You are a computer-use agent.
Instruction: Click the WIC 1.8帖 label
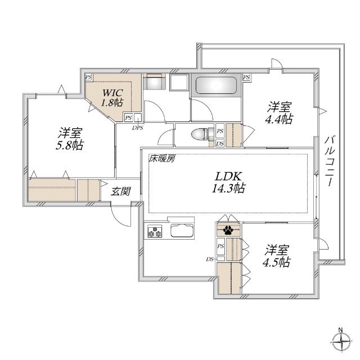coord(112,97)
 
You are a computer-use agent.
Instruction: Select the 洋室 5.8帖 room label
coord(70,139)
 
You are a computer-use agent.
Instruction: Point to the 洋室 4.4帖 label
coord(279,113)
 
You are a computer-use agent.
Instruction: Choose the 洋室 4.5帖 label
coord(277,256)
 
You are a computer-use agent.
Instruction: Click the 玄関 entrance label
coord(121,191)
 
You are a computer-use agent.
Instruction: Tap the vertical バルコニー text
coord(330,161)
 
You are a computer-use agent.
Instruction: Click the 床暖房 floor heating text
coord(162,159)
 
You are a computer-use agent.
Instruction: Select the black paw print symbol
coord(228,229)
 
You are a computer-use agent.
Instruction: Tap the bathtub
coord(216,85)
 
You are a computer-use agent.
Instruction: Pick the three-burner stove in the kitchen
coord(155,232)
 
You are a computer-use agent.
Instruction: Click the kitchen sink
coord(181,231)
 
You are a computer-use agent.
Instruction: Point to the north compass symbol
coord(342,341)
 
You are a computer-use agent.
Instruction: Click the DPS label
coord(137,128)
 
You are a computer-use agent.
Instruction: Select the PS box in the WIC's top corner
coord(89,77)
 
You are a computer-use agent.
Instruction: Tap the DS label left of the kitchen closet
coord(209,259)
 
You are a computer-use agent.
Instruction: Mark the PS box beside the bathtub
coord(246,78)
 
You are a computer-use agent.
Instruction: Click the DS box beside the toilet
coord(220,143)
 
